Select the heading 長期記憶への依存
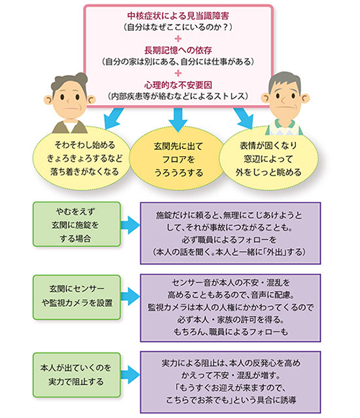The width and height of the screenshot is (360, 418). (x=176, y=50)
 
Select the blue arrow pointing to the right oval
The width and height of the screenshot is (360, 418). (x=245, y=118)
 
